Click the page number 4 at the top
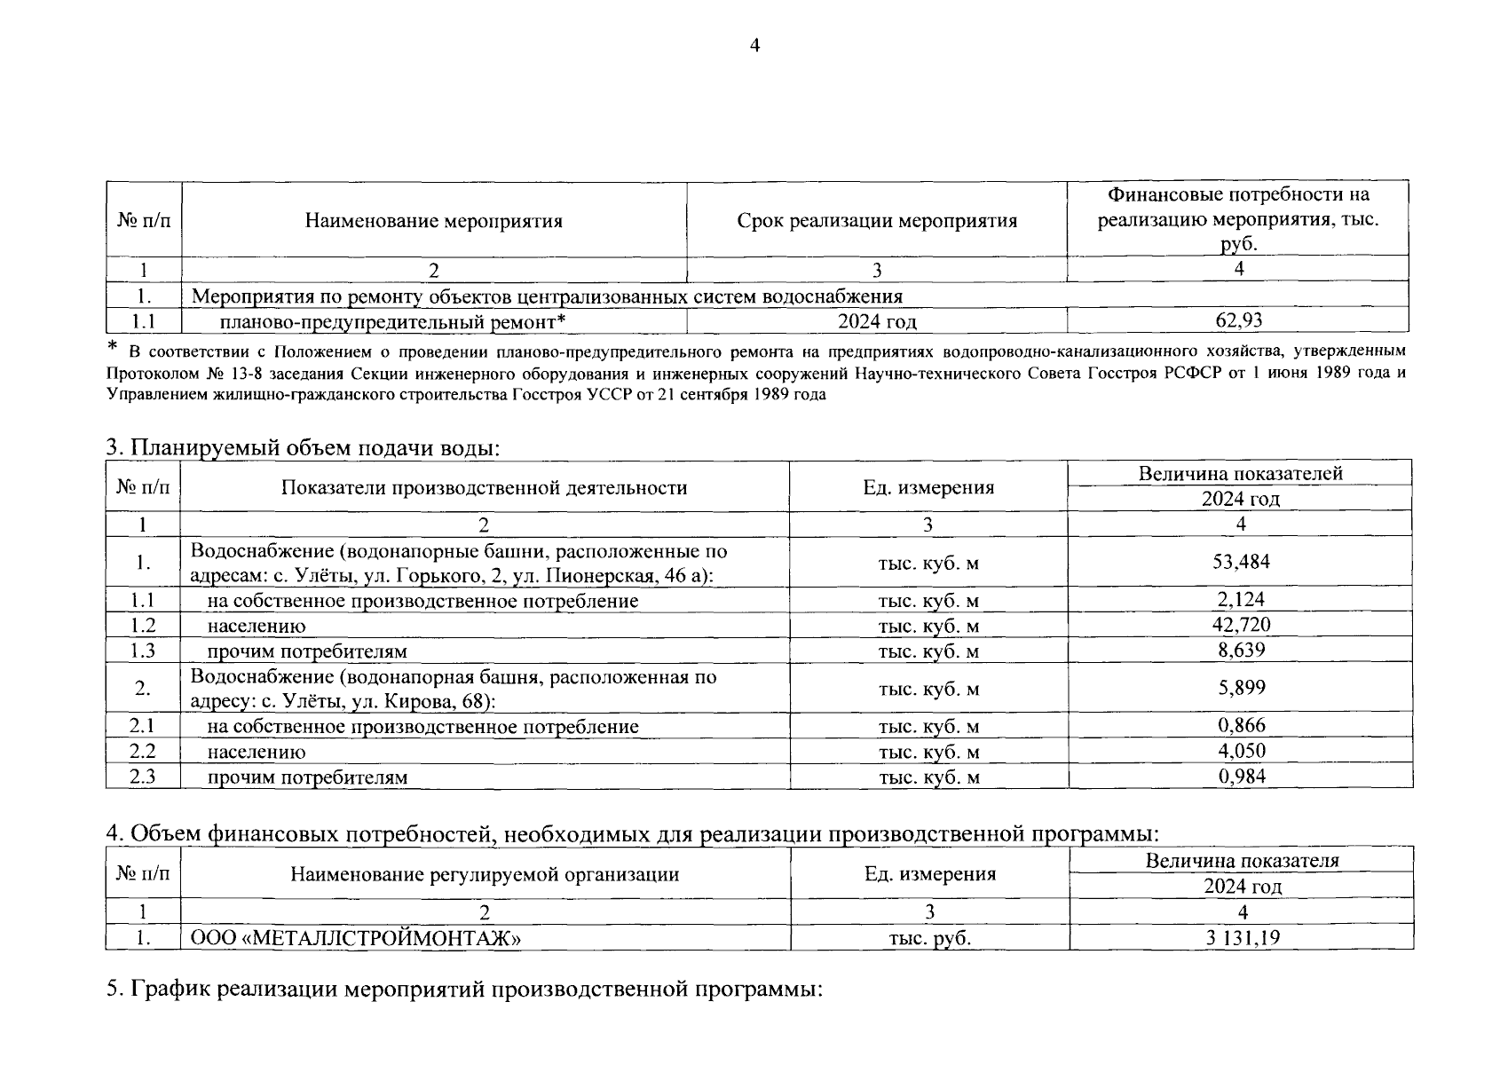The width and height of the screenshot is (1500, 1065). coord(754,47)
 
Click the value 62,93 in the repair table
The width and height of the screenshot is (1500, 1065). coord(1238,320)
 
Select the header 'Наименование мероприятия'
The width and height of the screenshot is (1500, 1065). coord(433,221)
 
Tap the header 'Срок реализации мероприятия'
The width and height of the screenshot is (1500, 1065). coord(877,221)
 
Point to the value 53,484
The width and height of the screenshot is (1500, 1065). coord(1241,562)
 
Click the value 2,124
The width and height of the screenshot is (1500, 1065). coord(1241,600)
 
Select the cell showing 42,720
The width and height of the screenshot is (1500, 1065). coord(1241,625)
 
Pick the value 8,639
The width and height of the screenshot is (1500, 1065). coord(1241,651)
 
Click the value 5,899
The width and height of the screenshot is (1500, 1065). coord(1241,688)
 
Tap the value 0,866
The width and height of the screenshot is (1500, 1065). coord(1241,726)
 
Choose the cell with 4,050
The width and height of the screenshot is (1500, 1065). coord(1241,752)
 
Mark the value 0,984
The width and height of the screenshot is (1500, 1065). coord(1241,777)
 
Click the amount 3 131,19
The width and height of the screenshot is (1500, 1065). coord(1243,937)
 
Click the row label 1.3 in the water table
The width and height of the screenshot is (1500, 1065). coord(142,651)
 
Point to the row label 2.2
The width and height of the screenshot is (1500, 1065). coord(142,752)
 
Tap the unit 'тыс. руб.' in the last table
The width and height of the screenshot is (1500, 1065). coord(929,938)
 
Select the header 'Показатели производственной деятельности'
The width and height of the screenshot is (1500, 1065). coord(484,487)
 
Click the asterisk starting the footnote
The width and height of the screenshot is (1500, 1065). coord(112,345)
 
